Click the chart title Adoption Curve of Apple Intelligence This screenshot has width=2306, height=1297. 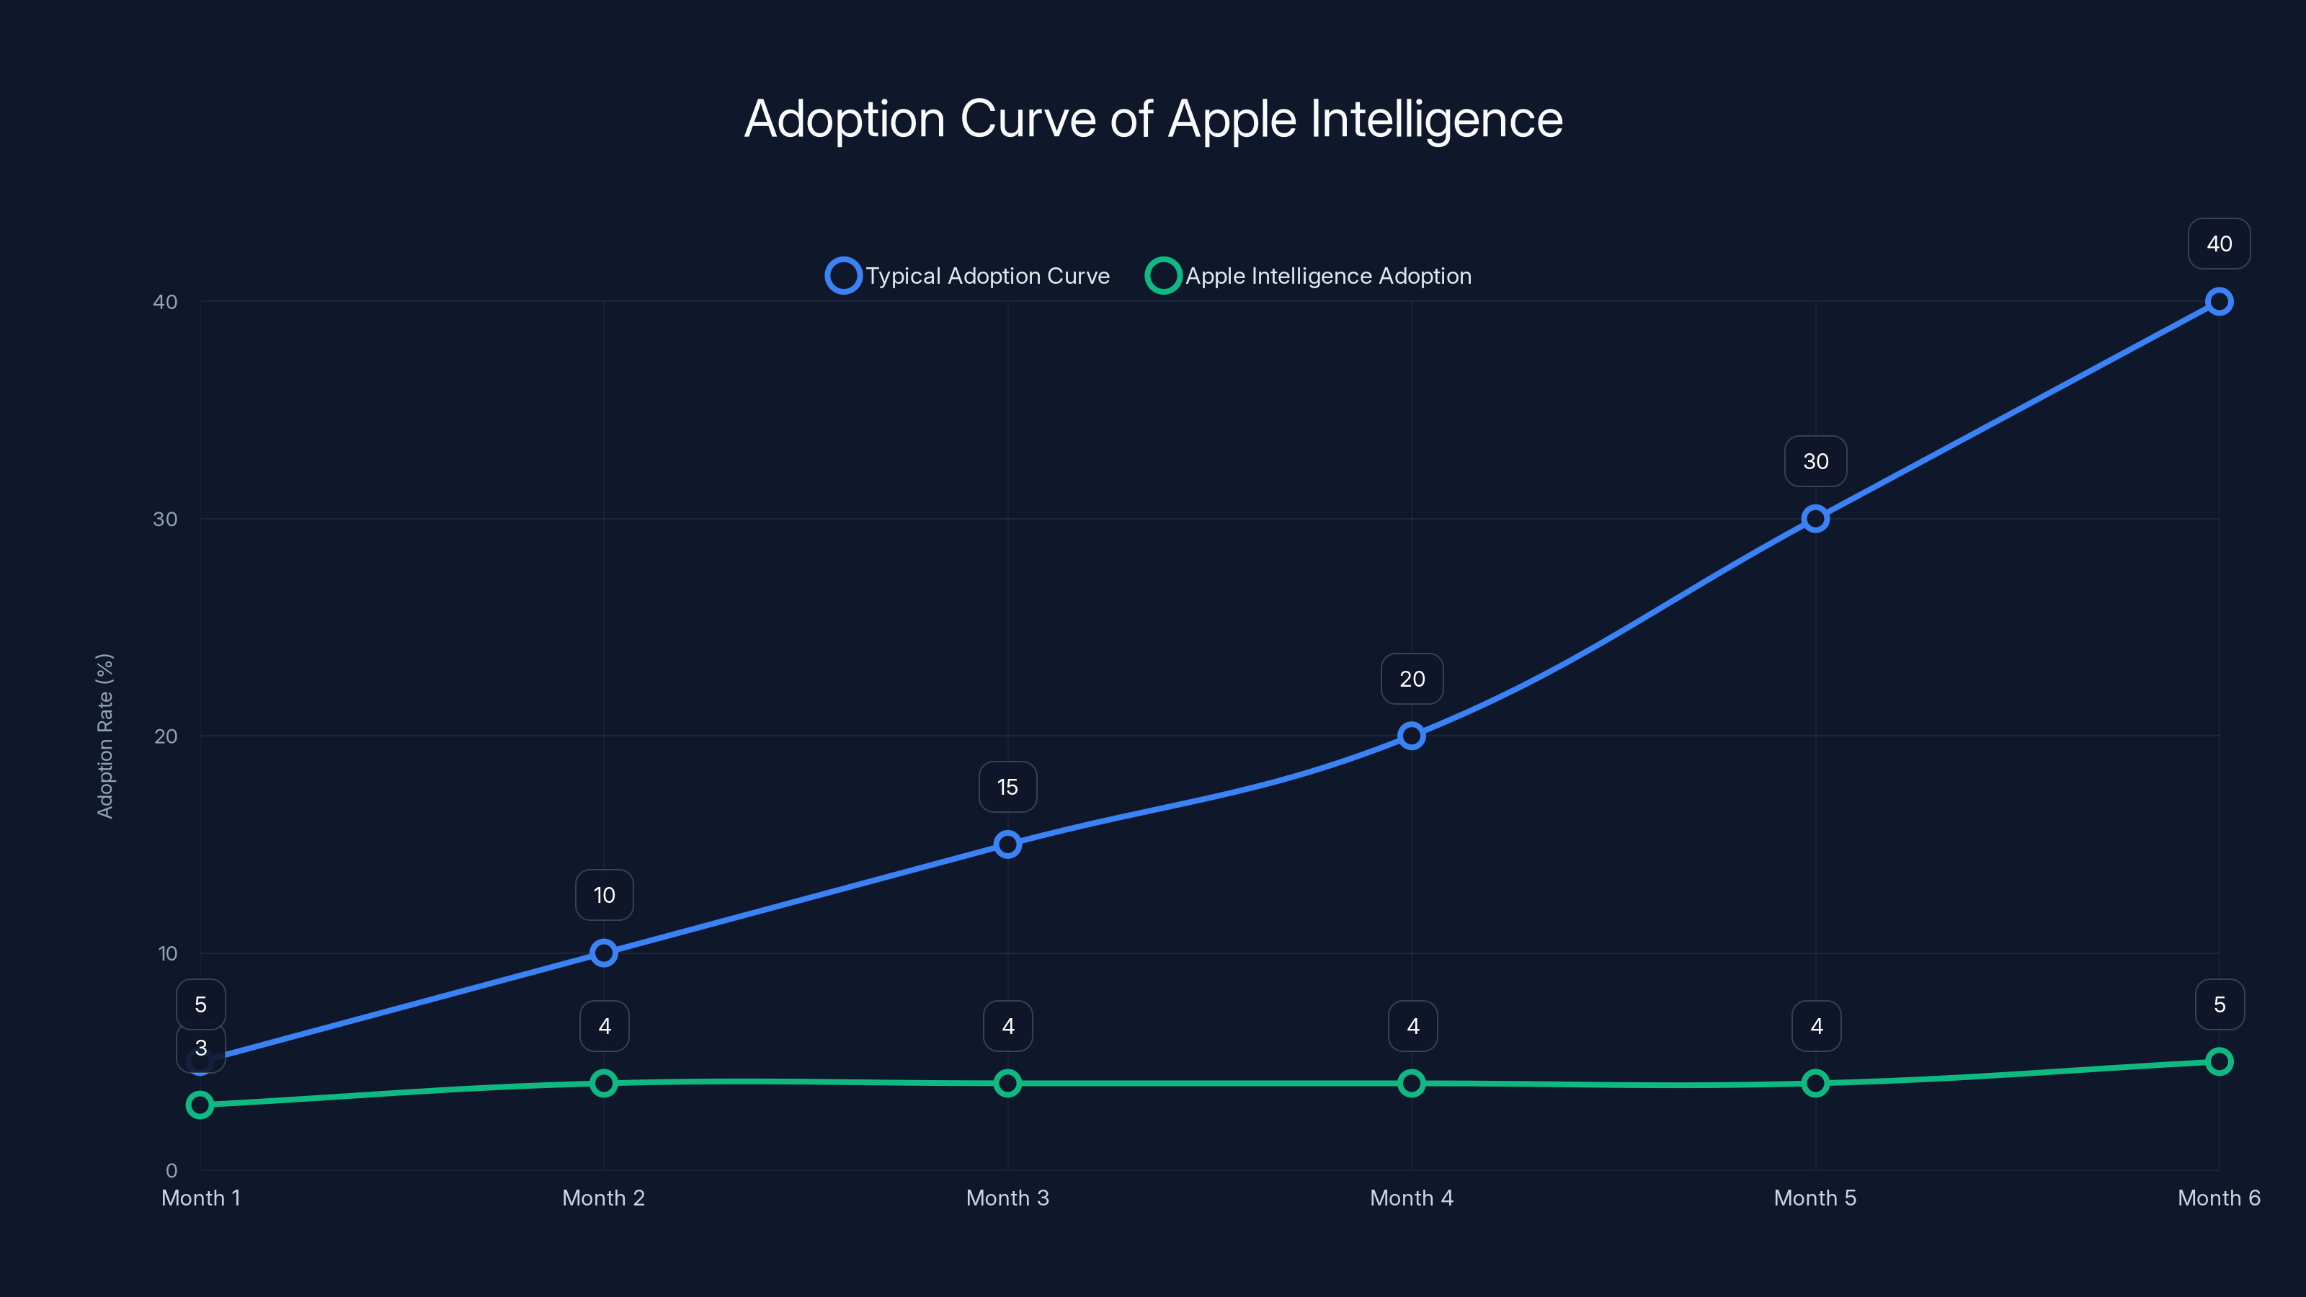[x=1153, y=119]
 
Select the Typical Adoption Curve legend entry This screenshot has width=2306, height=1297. [x=968, y=276]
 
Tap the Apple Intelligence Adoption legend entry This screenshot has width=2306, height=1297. [x=1309, y=276]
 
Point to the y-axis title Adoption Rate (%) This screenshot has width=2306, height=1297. [x=104, y=736]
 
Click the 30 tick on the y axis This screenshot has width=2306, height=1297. [x=165, y=519]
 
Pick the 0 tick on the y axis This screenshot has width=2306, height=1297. [x=171, y=1171]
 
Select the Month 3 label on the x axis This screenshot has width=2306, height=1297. [x=1007, y=1198]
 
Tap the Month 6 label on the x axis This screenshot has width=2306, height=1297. [x=2218, y=1198]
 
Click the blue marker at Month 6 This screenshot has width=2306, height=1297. [x=2218, y=302]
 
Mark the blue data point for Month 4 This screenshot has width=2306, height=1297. [x=1411, y=736]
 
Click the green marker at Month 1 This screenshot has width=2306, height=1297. [x=200, y=1105]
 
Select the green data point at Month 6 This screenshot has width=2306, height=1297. [x=2218, y=1061]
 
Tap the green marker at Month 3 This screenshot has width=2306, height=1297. [x=1007, y=1083]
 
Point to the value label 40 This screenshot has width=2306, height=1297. [x=2218, y=244]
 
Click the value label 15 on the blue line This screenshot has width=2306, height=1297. [x=1007, y=787]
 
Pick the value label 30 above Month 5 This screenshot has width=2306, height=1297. [x=1815, y=461]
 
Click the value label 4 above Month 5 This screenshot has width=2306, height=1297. [x=1815, y=1026]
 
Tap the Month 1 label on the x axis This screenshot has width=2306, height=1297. [x=200, y=1198]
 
